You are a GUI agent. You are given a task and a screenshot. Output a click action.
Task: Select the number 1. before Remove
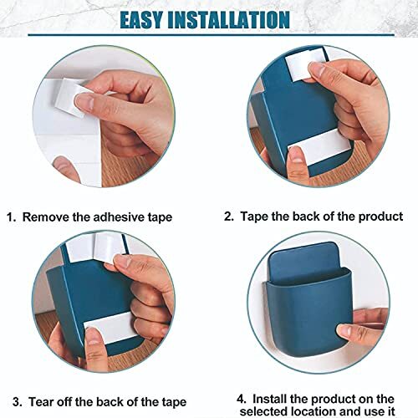[12, 217]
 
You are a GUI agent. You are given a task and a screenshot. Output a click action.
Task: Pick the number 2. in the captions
[228, 216]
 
